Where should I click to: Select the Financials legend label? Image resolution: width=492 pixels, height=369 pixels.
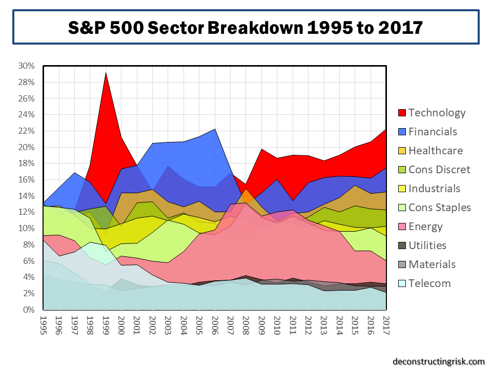(433, 132)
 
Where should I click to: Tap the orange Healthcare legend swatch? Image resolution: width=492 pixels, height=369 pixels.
(401, 151)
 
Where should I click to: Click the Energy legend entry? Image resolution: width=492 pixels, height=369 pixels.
(425, 227)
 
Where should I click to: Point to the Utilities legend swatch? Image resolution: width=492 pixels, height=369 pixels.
(401, 245)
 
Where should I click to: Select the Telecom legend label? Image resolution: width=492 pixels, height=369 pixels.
(429, 283)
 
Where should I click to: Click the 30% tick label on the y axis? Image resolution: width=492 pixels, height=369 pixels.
(26, 66)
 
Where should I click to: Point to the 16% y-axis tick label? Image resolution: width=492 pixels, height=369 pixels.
(26, 180)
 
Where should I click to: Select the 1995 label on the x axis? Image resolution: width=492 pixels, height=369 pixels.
(44, 324)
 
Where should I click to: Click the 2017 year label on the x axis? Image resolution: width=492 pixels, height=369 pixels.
(386, 324)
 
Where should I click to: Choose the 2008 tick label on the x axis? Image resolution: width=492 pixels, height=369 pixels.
(246, 324)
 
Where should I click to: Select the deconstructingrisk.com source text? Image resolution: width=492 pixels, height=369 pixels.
(439, 361)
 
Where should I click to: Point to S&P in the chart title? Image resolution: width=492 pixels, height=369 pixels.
(86, 28)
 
